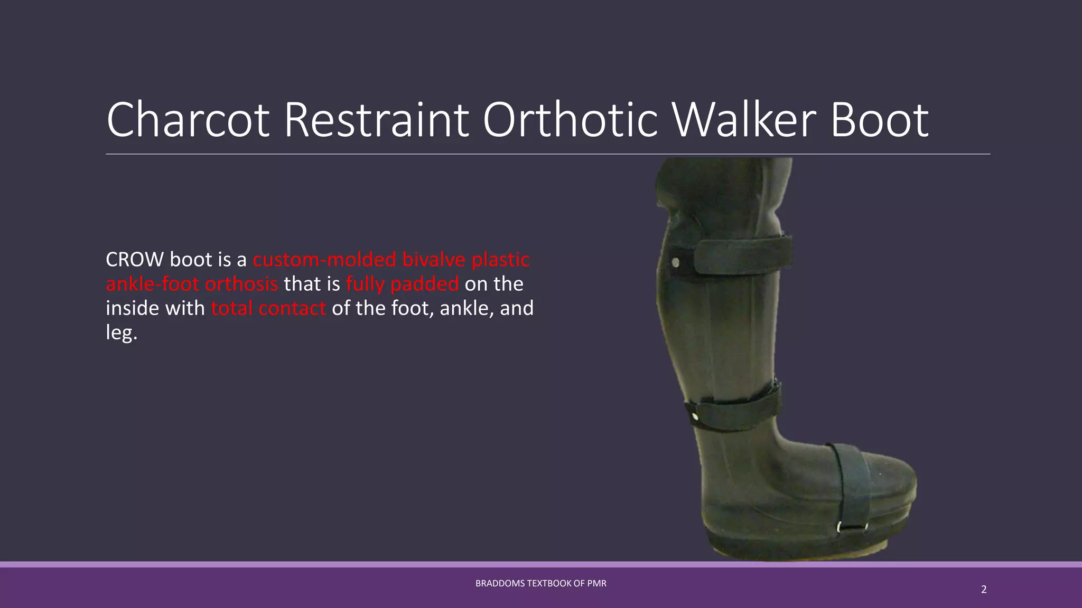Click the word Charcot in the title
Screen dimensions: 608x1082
pos(188,120)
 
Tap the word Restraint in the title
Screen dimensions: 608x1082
pos(376,120)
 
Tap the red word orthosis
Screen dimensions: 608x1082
pos(241,284)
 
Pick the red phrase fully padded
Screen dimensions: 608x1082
pos(402,284)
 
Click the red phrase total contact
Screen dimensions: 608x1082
pos(268,308)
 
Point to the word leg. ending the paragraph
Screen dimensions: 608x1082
pos(122,332)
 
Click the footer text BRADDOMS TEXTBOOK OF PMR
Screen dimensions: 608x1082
pos(540,583)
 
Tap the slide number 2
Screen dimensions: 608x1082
pos(984,590)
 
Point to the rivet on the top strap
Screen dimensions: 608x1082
pos(676,262)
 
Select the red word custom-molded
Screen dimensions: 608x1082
pos(324,260)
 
